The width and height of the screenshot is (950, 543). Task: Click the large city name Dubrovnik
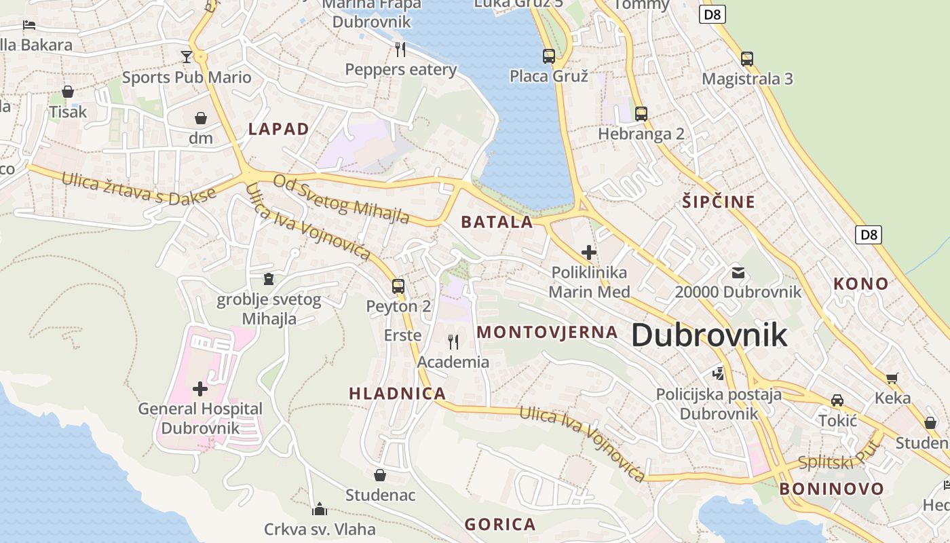[709, 335]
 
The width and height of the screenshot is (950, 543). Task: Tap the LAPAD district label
[278, 129]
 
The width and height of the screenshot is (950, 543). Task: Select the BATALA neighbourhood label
[497, 222]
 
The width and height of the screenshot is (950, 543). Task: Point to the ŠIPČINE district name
[719, 202]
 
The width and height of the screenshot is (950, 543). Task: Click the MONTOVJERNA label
[548, 332]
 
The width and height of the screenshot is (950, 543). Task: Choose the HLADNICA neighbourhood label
[397, 393]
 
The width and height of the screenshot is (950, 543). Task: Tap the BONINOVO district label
[831, 489]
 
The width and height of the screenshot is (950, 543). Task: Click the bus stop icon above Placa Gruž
[548, 56]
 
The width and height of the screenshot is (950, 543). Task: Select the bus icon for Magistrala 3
[746, 58]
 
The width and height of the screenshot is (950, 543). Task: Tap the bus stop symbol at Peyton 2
[398, 286]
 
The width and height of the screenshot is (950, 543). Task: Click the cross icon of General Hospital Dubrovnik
[199, 389]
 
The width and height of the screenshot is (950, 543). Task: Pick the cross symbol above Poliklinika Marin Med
[588, 252]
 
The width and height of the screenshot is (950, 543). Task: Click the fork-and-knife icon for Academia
[453, 341]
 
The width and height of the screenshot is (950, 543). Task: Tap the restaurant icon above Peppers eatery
[400, 49]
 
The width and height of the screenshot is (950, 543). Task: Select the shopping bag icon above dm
[201, 118]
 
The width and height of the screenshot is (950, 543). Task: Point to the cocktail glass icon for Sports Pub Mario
[187, 56]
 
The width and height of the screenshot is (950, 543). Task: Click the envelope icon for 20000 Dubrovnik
[738, 273]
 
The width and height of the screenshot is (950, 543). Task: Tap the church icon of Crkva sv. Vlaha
[319, 509]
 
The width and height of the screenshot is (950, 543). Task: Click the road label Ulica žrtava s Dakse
[138, 187]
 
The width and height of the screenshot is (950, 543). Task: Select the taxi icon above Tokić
[837, 400]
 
